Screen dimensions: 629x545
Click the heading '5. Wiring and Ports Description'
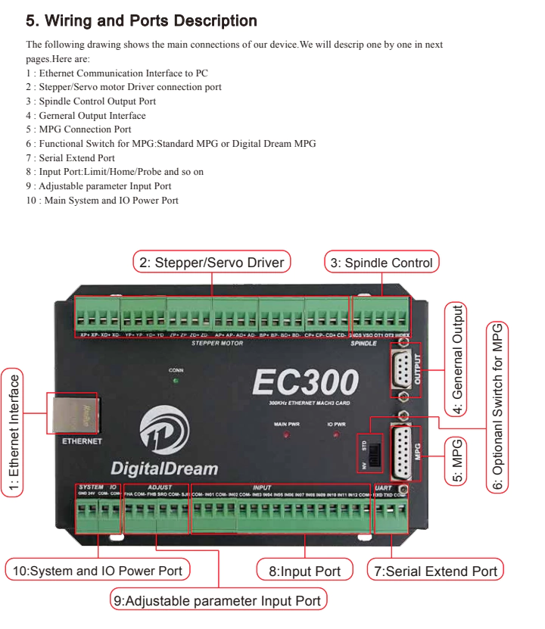[x=142, y=21]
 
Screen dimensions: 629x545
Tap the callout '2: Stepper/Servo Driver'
[x=212, y=263]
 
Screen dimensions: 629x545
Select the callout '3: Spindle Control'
[x=381, y=263]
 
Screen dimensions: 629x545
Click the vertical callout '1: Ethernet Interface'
[x=13, y=431]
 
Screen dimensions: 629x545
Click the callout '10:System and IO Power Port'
[x=98, y=571]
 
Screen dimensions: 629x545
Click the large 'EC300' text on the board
[x=305, y=382]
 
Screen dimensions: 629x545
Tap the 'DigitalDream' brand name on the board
[x=163, y=468]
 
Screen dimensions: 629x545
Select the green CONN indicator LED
[x=176, y=381]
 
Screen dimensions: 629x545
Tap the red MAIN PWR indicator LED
[x=287, y=436]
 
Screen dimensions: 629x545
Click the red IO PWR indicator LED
[x=336, y=436]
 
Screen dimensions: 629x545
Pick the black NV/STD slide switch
[x=375, y=453]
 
